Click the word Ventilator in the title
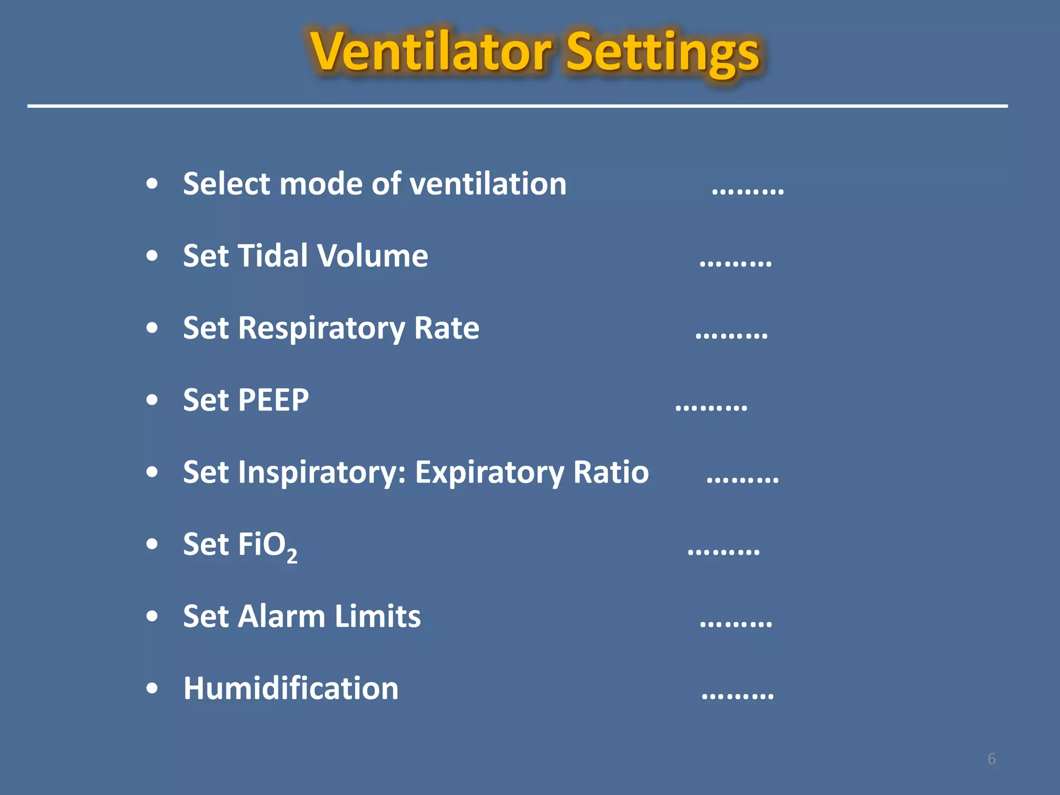pyautogui.click(x=431, y=52)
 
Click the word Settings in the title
pyautogui.click(x=663, y=53)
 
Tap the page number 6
pyautogui.click(x=991, y=759)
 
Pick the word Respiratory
pyautogui.click(x=321, y=329)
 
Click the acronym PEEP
pyautogui.click(x=273, y=400)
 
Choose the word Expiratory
pyautogui.click(x=490, y=473)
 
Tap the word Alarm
pyautogui.click(x=282, y=616)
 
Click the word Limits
pyautogui.click(x=378, y=616)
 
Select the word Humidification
pyautogui.click(x=291, y=689)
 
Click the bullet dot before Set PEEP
pyautogui.click(x=152, y=400)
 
